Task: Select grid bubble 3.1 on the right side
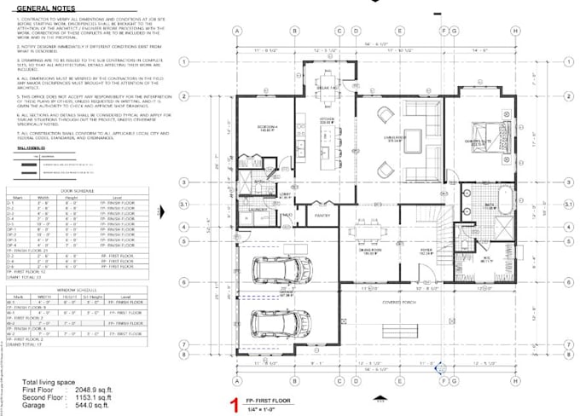568,205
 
